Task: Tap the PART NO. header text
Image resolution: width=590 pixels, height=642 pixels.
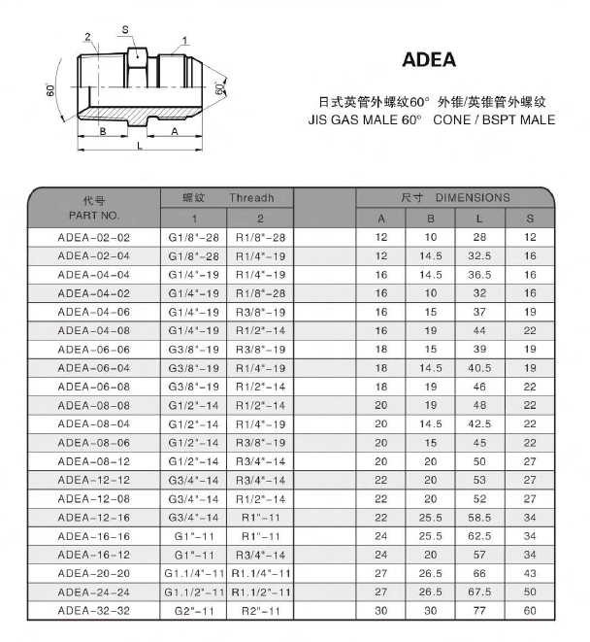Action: point(94,215)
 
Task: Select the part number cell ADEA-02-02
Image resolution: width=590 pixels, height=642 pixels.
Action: point(94,237)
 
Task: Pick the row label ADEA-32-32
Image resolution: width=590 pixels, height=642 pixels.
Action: point(94,611)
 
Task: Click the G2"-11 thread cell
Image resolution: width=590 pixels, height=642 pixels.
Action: point(193,611)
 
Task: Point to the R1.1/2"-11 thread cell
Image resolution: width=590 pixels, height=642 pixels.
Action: point(260,592)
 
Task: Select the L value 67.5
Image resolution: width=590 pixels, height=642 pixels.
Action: point(479,592)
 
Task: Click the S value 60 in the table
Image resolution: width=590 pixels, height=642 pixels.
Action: point(530,611)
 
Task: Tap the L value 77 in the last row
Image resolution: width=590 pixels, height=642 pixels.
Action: point(479,611)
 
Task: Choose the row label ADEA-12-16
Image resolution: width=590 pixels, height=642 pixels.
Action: point(94,518)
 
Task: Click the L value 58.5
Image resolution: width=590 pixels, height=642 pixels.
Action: point(479,518)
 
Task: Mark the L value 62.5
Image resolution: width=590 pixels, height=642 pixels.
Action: point(479,536)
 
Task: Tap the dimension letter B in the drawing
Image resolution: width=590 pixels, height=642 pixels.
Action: point(103,130)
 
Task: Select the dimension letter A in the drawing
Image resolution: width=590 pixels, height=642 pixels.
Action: point(175,130)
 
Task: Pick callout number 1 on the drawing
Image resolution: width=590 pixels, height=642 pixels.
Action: point(184,40)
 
